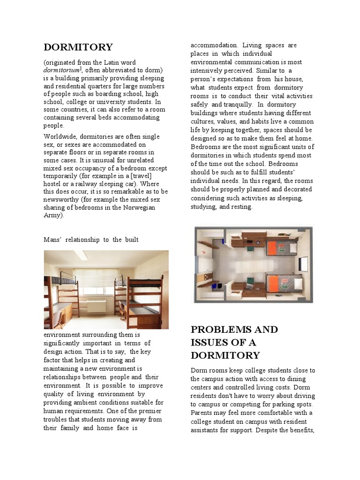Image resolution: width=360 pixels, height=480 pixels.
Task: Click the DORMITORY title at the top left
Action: tap(78, 47)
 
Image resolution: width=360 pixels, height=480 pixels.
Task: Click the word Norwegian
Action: tap(138, 208)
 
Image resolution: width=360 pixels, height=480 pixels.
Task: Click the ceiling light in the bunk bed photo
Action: tap(80, 255)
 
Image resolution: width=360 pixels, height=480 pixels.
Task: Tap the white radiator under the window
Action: tap(97, 306)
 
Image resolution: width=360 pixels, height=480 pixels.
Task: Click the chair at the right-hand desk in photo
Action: tap(123, 311)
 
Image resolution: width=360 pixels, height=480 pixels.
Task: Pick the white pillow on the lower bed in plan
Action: tap(293, 282)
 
